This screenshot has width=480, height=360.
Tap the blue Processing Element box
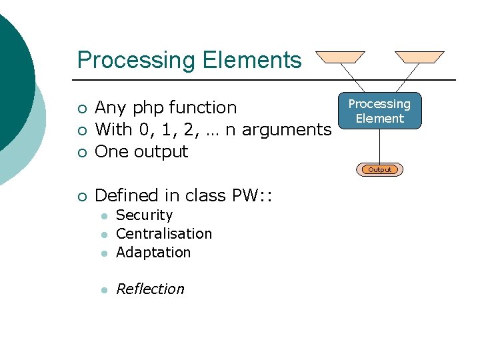pyautogui.click(x=379, y=111)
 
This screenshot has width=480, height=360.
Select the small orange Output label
pyautogui.click(x=380, y=169)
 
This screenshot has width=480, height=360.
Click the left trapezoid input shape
pyautogui.click(x=340, y=57)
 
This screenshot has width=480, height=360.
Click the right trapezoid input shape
pyautogui.click(x=419, y=57)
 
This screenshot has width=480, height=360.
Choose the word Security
pyautogui.click(x=144, y=215)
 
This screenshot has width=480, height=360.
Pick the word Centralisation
pyautogui.click(x=164, y=234)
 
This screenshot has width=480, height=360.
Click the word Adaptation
pyautogui.click(x=153, y=253)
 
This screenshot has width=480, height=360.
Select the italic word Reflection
pyautogui.click(x=150, y=289)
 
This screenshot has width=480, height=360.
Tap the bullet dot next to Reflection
pyautogui.click(x=103, y=290)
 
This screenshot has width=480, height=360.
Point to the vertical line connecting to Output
pyautogui.click(x=379, y=146)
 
